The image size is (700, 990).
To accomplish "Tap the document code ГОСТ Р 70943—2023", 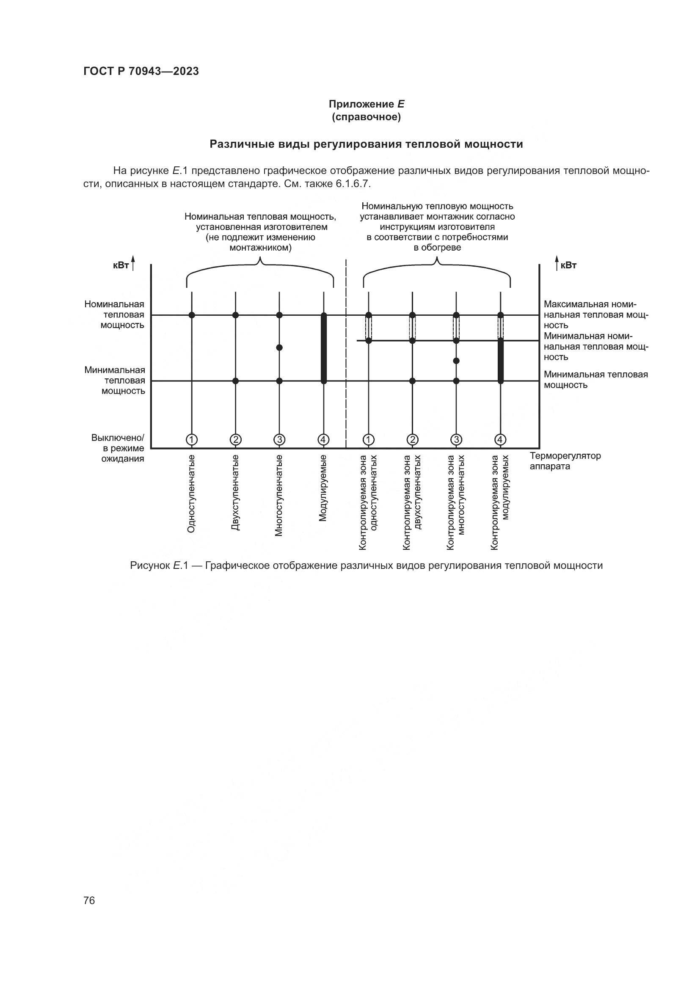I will pos(141,72).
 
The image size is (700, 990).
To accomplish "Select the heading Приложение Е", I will pos(366,105).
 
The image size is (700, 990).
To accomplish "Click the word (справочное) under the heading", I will pos(366,117).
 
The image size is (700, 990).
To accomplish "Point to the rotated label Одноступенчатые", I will pos(191,493).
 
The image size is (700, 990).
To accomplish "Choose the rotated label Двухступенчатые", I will pos(235,492).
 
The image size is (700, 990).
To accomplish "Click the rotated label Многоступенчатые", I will pos(279,496).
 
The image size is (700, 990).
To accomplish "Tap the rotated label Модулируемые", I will pos(323,488).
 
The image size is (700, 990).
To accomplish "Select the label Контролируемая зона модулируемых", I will pos(500,502).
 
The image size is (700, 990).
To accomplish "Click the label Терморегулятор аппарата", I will pos(565,461).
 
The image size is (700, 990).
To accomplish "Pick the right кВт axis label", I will pos(569,265).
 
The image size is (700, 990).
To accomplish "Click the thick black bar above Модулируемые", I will pos(324,348).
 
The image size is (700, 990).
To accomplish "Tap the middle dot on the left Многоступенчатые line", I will pos(279,347).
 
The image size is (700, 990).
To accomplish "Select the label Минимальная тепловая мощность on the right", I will pos(596,379).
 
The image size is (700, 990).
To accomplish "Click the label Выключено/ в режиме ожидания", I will pos(118,448).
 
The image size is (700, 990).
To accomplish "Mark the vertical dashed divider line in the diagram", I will pos(346,353).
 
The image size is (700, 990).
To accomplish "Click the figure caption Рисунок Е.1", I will pos(366,566).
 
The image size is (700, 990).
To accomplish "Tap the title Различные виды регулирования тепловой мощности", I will pos(366,144).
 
